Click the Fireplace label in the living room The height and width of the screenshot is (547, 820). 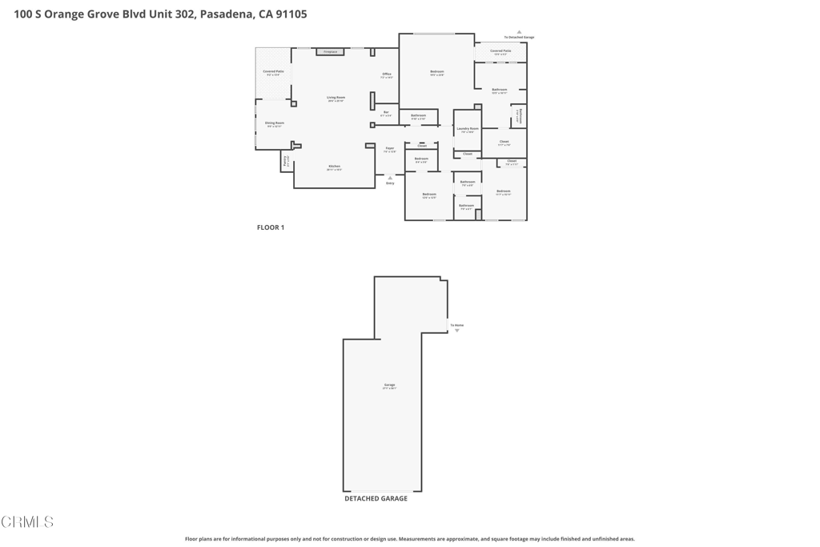[330, 52]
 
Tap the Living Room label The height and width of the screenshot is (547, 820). [336, 98]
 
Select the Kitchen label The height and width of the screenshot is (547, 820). [334, 167]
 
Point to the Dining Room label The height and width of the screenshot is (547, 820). [275, 123]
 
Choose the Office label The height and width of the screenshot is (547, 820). [387, 74]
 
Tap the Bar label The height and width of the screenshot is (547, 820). [386, 112]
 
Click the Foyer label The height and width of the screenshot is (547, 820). [390, 148]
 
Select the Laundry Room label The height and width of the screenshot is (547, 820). [468, 129]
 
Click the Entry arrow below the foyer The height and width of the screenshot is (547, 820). [390, 178]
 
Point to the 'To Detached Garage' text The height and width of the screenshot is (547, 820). [519, 38]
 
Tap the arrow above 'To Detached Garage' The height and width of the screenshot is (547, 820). [519, 32]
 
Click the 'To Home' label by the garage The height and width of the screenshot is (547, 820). [456, 325]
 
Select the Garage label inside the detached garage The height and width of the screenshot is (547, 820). [389, 385]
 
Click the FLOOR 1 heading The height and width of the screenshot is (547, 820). [271, 227]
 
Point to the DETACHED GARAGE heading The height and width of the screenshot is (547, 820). [376, 498]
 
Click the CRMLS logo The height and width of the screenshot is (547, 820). [27, 522]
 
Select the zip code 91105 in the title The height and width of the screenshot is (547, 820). [290, 14]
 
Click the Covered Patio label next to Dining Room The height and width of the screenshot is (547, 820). [273, 71]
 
